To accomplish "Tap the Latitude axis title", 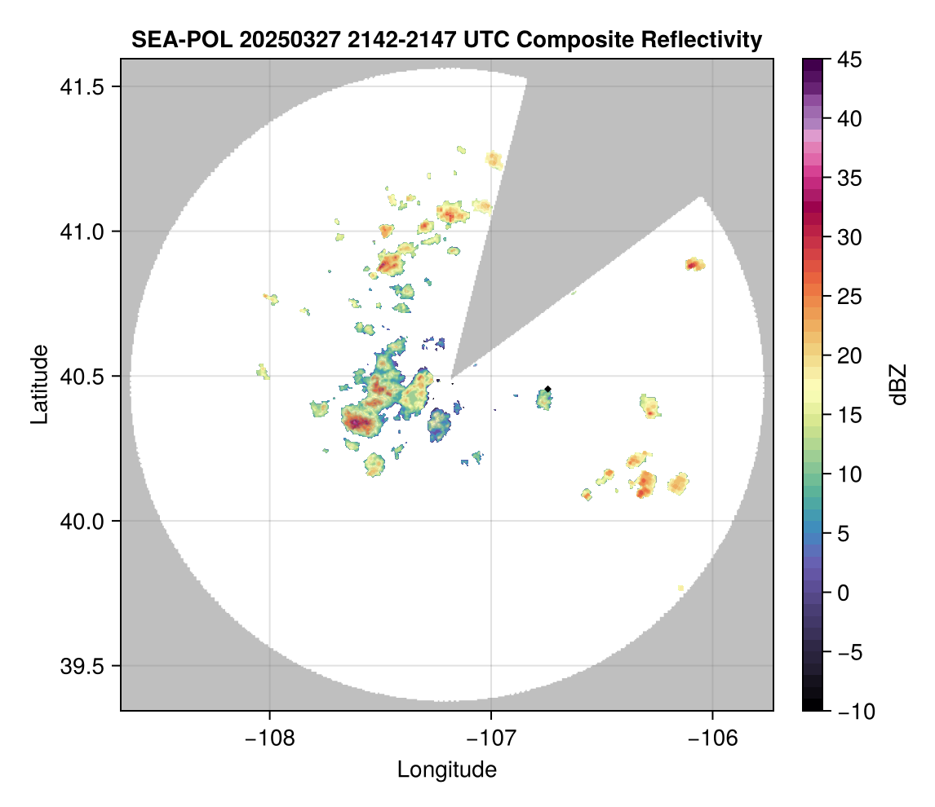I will point(38,383).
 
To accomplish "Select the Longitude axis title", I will point(446,769).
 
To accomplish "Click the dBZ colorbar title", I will point(898,384).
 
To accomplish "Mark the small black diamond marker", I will point(548,389).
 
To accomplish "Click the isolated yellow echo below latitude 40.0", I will point(681,588).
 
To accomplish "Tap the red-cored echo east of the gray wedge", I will point(694,264).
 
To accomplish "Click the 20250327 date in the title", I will point(281,39).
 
